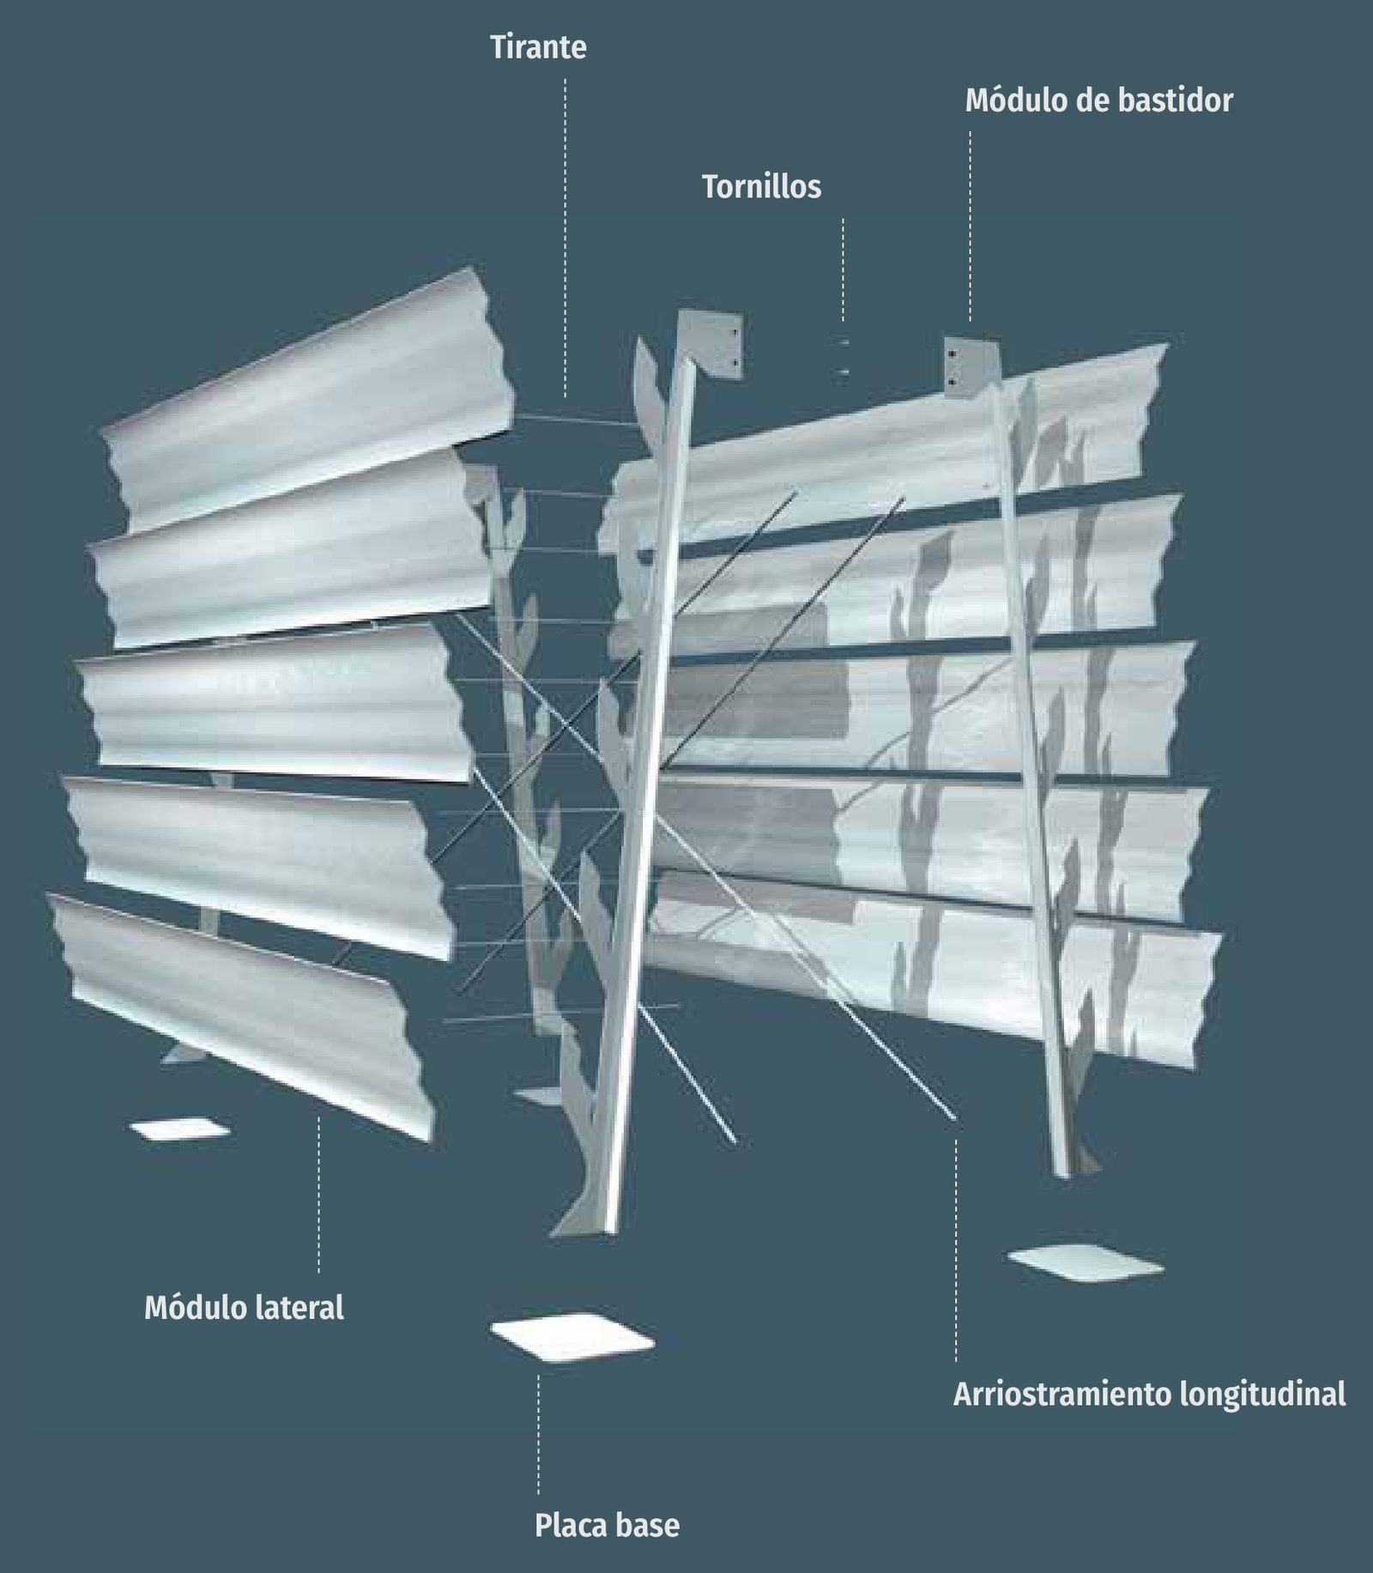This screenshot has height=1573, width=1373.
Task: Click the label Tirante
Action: (538, 47)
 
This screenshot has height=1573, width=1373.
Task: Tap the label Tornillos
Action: (761, 186)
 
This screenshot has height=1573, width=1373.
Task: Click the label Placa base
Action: (607, 1525)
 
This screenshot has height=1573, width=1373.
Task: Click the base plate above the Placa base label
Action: (572, 1335)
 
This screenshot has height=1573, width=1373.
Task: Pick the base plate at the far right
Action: (1086, 1264)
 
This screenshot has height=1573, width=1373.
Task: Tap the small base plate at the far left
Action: (179, 1128)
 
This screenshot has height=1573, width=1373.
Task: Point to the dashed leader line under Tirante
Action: (565, 238)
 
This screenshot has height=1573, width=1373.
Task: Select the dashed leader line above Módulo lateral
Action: (318, 1194)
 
